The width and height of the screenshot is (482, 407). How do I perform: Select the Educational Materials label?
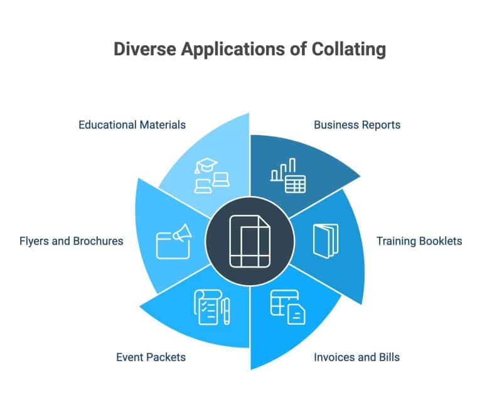(132, 124)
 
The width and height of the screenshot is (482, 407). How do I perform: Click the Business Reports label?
(356, 124)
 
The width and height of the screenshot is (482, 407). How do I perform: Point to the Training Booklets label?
(419, 241)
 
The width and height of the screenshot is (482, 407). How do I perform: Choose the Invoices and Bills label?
(356, 357)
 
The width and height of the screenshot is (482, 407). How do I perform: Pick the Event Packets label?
(151, 357)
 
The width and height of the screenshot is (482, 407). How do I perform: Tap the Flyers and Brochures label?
(71, 241)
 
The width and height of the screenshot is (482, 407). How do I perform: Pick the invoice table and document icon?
(288, 307)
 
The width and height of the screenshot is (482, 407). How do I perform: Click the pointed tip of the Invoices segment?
(252, 369)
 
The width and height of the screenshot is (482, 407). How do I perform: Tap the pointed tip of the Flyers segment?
(137, 179)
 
